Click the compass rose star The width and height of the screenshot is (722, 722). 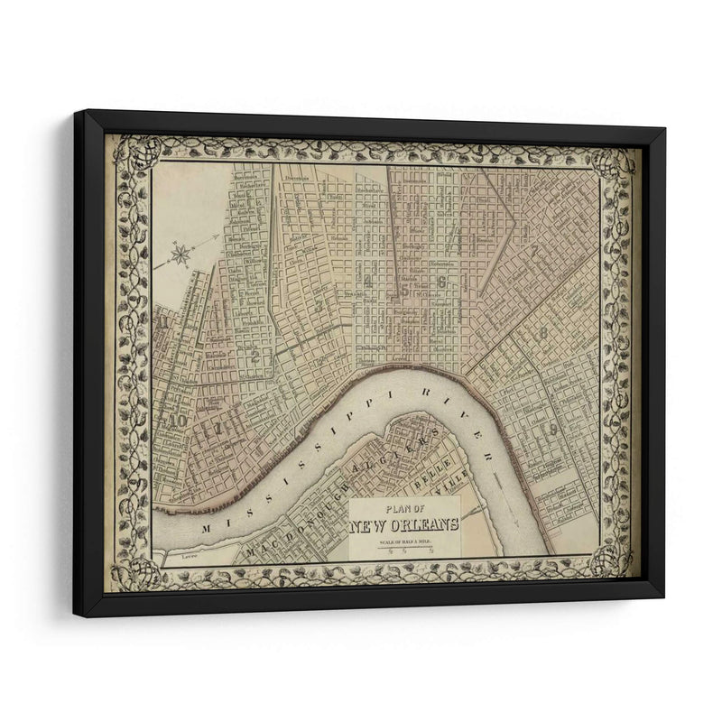click(180, 255)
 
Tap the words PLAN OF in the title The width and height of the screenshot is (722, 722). click(403, 508)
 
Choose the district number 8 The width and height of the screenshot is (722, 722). click(542, 332)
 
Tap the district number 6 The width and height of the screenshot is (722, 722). click(441, 282)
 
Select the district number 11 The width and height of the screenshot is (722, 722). click(162, 318)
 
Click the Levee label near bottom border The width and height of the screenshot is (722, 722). click(189, 557)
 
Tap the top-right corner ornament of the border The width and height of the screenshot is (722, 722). click(614, 162)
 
